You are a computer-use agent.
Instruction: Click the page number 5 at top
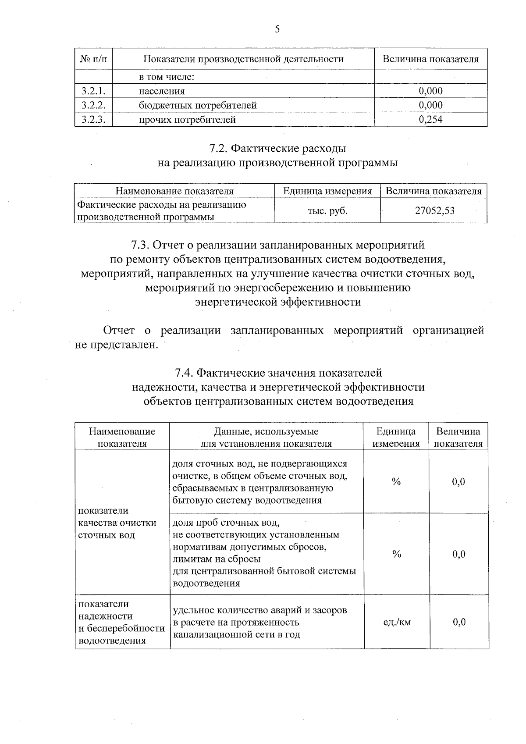(x=277, y=29)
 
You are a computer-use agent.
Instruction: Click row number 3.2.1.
(x=93, y=91)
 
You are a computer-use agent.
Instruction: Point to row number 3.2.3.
(x=93, y=119)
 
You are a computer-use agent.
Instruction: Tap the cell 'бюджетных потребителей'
(x=197, y=105)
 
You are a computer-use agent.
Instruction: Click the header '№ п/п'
(x=93, y=59)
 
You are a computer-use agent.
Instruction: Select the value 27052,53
(x=434, y=211)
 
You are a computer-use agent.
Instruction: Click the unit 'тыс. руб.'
(x=327, y=211)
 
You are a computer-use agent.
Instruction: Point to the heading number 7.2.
(x=218, y=149)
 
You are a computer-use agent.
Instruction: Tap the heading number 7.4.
(x=184, y=373)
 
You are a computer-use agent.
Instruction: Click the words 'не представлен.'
(x=116, y=345)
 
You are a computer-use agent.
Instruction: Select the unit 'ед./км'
(x=397, y=622)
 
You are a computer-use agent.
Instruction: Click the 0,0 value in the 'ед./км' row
(x=458, y=622)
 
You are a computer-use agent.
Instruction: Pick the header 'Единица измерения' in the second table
(x=327, y=191)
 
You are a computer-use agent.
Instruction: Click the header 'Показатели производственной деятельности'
(x=243, y=59)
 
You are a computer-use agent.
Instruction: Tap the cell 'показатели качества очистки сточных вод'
(x=117, y=523)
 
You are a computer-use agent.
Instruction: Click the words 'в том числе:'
(x=167, y=78)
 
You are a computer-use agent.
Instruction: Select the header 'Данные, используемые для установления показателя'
(x=266, y=437)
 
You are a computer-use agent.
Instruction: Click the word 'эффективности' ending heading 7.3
(x=320, y=302)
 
